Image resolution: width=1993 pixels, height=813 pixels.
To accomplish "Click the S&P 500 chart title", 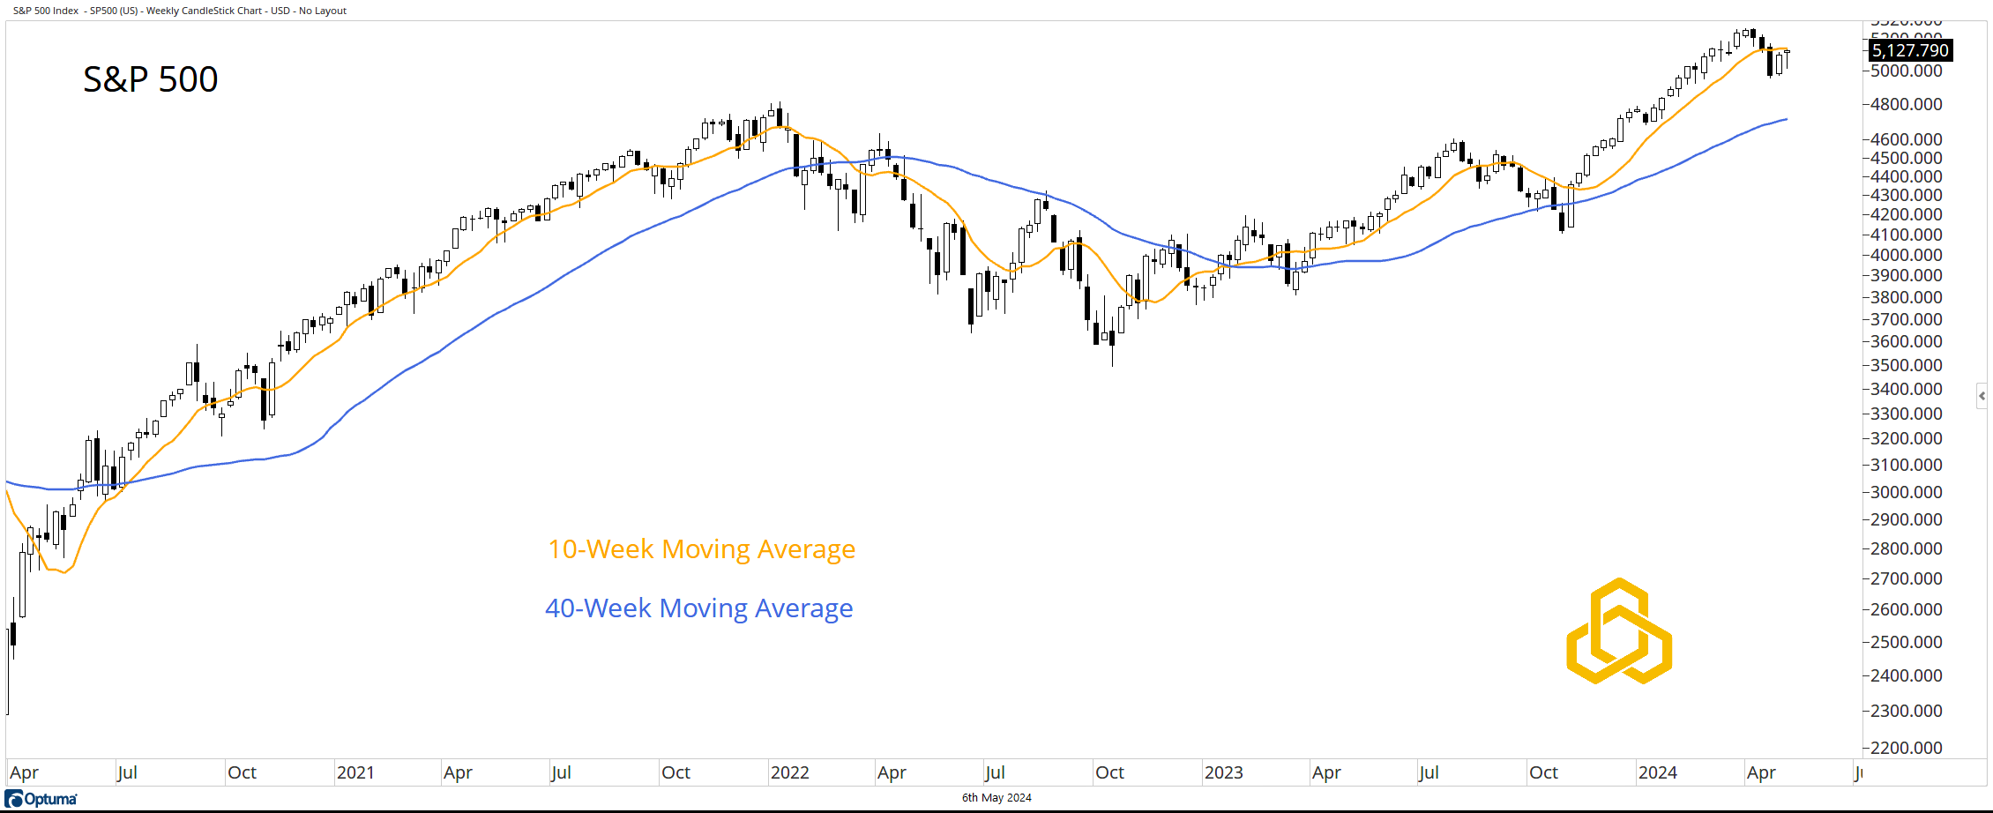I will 150,79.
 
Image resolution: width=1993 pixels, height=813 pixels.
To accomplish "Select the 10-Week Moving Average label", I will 701,549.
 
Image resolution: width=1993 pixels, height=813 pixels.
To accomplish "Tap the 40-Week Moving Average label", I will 698,608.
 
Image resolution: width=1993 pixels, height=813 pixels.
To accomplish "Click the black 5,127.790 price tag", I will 1910,50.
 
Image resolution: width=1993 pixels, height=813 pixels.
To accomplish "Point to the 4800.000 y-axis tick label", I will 1906,104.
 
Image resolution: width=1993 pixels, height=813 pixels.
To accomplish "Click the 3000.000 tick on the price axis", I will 1906,492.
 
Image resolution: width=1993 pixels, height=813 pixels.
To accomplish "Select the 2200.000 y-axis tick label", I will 1906,748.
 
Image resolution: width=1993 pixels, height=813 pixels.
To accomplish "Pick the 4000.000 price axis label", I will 1906,255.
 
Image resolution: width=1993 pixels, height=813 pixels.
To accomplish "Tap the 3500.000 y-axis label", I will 1906,365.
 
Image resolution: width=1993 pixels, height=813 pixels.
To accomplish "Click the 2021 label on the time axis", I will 355,772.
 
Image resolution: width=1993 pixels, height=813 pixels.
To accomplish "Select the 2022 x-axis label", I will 789,772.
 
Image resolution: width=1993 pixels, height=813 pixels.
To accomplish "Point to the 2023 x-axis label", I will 1223,772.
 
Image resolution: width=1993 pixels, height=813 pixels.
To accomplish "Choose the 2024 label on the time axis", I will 1657,772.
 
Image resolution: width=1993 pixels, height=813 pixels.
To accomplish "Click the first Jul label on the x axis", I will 127,772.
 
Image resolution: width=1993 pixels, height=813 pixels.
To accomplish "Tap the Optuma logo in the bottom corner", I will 41,799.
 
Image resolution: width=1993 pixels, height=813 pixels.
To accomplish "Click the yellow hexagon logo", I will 1619,631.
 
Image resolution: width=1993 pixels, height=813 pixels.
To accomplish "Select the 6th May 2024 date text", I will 996,798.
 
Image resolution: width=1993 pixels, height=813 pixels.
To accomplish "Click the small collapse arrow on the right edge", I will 1982,396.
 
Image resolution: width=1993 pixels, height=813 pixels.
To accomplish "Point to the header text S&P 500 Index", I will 46,11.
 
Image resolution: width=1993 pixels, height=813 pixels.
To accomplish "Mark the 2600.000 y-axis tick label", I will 1906,609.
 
